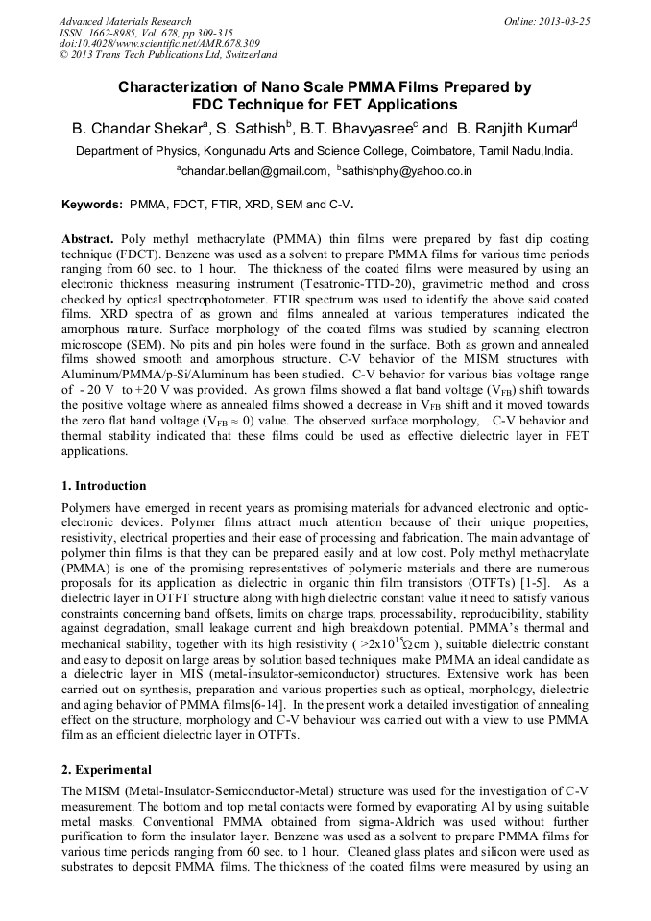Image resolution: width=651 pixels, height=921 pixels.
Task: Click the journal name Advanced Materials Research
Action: pyautogui.click(x=126, y=21)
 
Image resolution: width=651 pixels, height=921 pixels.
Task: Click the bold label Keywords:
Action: pyautogui.click(x=92, y=205)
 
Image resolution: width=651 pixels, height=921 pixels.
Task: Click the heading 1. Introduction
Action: pyautogui.click(x=105, y=486)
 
